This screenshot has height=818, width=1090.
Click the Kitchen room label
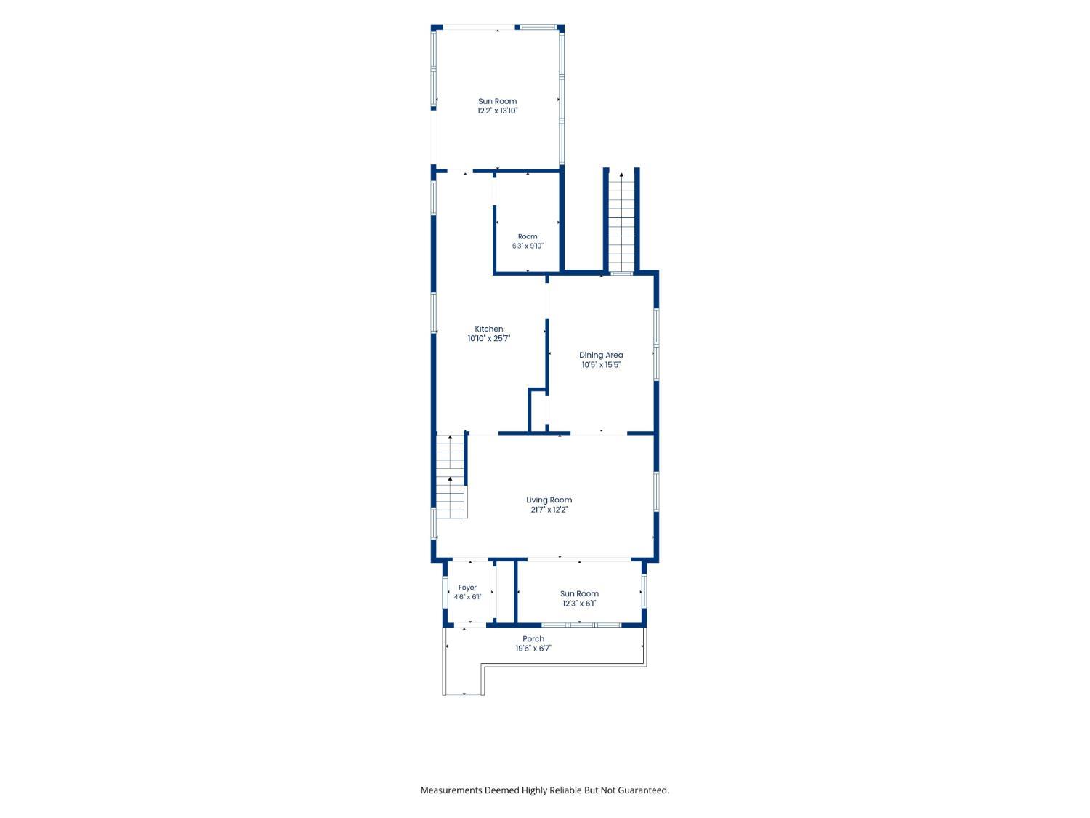tap(488, 329)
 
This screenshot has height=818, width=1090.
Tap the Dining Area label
tap(601, 355)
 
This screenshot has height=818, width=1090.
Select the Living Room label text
tap(549, 500)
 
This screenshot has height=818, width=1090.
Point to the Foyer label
tap(467, 588)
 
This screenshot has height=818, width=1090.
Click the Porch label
tap(533, 638)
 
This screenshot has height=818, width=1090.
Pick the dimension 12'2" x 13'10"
tap(497, 111)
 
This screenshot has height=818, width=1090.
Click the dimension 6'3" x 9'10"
tap(528, 246)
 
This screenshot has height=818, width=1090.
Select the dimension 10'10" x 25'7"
tap(488, 339)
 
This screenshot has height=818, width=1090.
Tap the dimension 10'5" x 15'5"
tap(601, 365)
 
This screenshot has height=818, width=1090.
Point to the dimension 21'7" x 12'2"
tap(549, 510)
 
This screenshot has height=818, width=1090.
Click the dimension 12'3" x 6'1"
tap(579, 604)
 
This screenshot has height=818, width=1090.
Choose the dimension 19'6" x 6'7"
tap(533, 648)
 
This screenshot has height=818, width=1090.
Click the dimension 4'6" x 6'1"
tap(467, 597)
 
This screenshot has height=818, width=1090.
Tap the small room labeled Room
tap(528, 236)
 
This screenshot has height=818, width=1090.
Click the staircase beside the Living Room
tap(451, 476)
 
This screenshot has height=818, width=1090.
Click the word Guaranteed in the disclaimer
tap(644, 790)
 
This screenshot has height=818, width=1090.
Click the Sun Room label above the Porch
tap(579, 593)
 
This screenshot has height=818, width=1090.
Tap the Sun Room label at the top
tap(497, 101)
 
